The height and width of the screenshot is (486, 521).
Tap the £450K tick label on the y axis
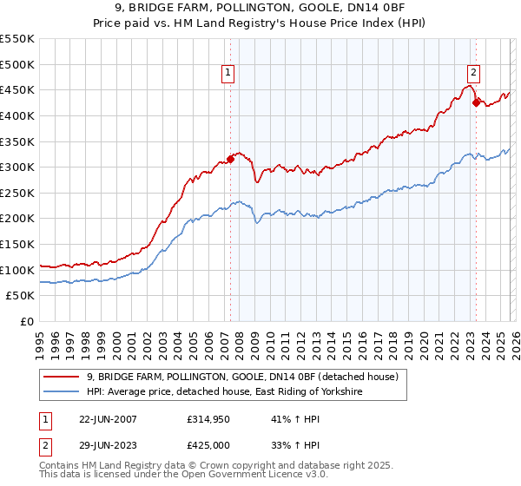[17, 89]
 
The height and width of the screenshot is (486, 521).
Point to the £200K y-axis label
[17, 219]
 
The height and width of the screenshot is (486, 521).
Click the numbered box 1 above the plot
[228, 74]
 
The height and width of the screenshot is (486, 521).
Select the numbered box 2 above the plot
[474, 74]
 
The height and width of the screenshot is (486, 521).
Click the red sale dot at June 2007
[231, 159]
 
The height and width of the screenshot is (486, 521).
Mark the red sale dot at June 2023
[476, 102]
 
